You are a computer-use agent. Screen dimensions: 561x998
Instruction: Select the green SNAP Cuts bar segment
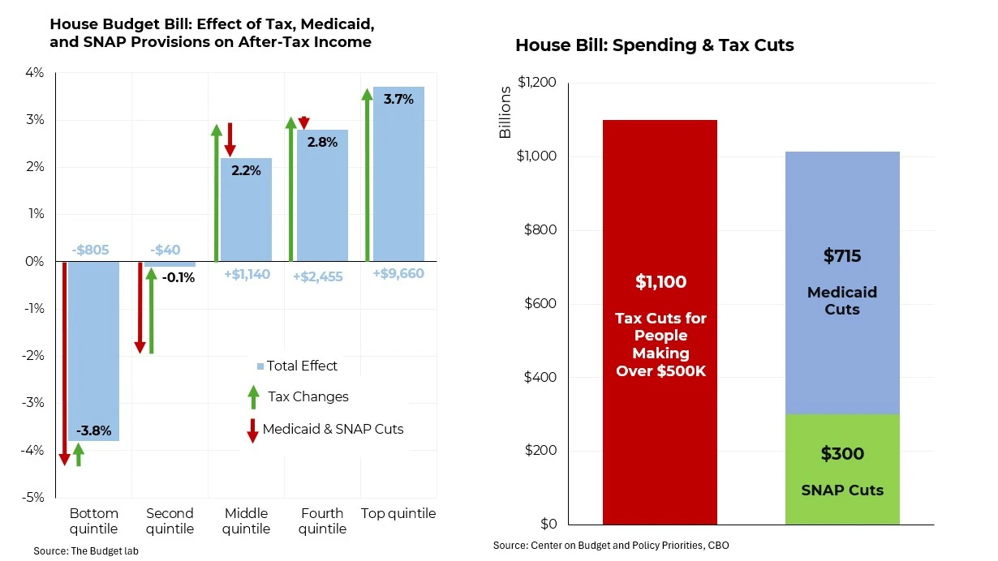click(842, 469)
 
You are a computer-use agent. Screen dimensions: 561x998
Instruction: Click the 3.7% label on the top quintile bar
click(398, 100)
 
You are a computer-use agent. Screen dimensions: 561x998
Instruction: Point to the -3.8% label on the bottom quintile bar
click(93, 430)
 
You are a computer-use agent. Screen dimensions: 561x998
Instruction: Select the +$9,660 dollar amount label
click(398, 274)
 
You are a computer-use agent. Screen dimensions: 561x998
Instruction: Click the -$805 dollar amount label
click(90, 251)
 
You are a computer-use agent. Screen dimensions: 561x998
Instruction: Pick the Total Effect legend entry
click(297, 366)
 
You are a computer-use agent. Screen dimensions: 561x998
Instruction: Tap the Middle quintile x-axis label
click(246, 521)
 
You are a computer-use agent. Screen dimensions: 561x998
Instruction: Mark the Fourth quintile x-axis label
click(322, 521)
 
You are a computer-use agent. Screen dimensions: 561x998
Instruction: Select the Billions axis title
click(505, 112)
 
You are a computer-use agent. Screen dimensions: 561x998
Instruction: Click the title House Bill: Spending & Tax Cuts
click(654, 45)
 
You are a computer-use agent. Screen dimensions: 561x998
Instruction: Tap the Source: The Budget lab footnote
click(80, 551)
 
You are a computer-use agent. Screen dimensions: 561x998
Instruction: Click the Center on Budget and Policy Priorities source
click(610, 546)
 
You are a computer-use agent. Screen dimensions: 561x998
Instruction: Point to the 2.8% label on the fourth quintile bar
click(322, 142)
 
